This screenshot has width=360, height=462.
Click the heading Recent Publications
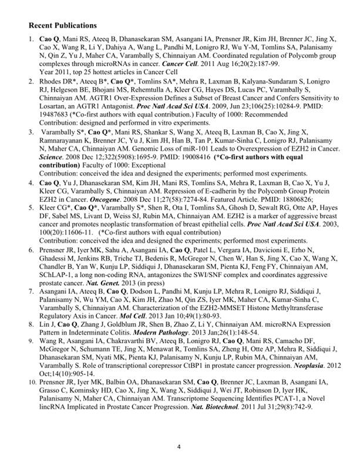pyautogui.click(x=62, y=26)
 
